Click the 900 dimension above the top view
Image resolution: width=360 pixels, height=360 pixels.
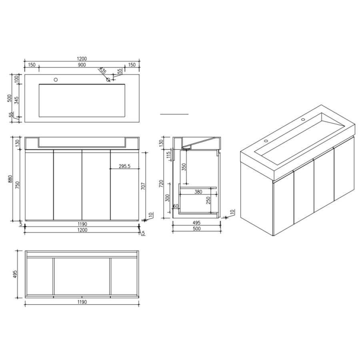point(82,65)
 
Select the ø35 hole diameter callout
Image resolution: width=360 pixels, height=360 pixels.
point(103,71)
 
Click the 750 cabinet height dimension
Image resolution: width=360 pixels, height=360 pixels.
point(17,185)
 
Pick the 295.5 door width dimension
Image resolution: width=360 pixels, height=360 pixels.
point(125,166)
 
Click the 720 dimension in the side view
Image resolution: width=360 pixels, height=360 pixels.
point(162,184)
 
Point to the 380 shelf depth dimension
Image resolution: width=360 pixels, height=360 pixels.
point(198,192)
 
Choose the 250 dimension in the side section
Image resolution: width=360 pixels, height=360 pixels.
point(208,200)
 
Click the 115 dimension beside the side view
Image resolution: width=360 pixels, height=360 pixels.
point(168,155)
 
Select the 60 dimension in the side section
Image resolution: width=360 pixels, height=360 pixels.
point(175,206)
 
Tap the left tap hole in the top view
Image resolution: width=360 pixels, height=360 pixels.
point(56,79)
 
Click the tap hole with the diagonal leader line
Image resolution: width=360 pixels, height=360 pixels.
point(108,79)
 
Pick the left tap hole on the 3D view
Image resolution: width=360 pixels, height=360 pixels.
point(265,141)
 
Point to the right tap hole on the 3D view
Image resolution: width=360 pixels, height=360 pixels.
point(303,119)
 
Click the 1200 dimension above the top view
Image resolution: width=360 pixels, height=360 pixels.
point(82,58)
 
